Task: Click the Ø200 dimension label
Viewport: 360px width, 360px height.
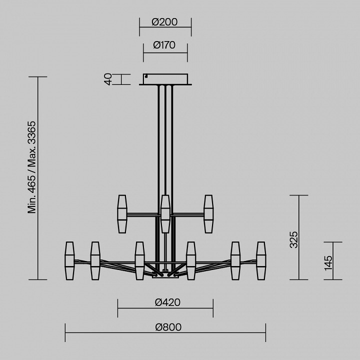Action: point(164,22)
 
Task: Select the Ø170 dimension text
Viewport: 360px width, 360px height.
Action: point(164,45)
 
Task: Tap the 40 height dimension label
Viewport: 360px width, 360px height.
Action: point(108,79)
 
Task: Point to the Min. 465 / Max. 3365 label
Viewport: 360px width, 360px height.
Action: point(32,167)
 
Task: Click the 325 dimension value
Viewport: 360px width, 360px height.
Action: point(293,239)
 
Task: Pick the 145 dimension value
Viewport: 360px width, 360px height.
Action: point(328,263)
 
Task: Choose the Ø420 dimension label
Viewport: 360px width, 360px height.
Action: point(167,302)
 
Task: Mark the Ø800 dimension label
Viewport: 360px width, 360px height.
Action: point(168,327)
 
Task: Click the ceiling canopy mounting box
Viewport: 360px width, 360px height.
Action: point(165,79)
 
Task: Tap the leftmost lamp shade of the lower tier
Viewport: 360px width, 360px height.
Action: point(69,260)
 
